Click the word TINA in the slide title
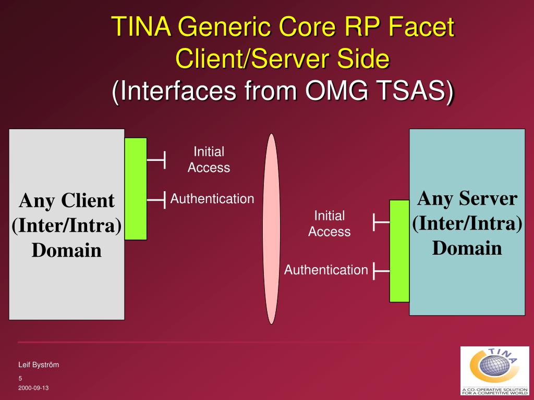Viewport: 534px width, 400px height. [x=141, y=27]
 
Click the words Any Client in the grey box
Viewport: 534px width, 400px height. [x=67, y=201]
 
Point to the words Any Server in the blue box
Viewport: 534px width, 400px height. [x=467, y=198]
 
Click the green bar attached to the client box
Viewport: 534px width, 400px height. [x=136, y=189]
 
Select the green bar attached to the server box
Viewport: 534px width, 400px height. [x=399, y=251]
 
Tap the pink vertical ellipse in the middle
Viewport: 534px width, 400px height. [x=271, y=229]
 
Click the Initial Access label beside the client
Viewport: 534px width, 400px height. [x=209, y=159]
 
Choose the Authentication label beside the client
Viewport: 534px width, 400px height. [x=212, y=198]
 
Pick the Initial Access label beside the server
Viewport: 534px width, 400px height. [x=329, y=223]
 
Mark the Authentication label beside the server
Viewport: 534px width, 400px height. [x=326, y=270]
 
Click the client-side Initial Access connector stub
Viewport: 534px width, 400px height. [x=157, y=159]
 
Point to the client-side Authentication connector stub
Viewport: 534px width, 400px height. [x=157, y=199]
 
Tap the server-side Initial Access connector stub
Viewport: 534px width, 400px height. [x=381, y=222]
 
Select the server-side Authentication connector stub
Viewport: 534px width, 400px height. [x=381, y=271]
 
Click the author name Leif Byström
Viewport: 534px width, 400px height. [x=39, y=365]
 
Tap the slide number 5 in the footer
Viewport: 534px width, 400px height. [x=20, y=378]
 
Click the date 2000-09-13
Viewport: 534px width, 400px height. [x=33, y=389]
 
